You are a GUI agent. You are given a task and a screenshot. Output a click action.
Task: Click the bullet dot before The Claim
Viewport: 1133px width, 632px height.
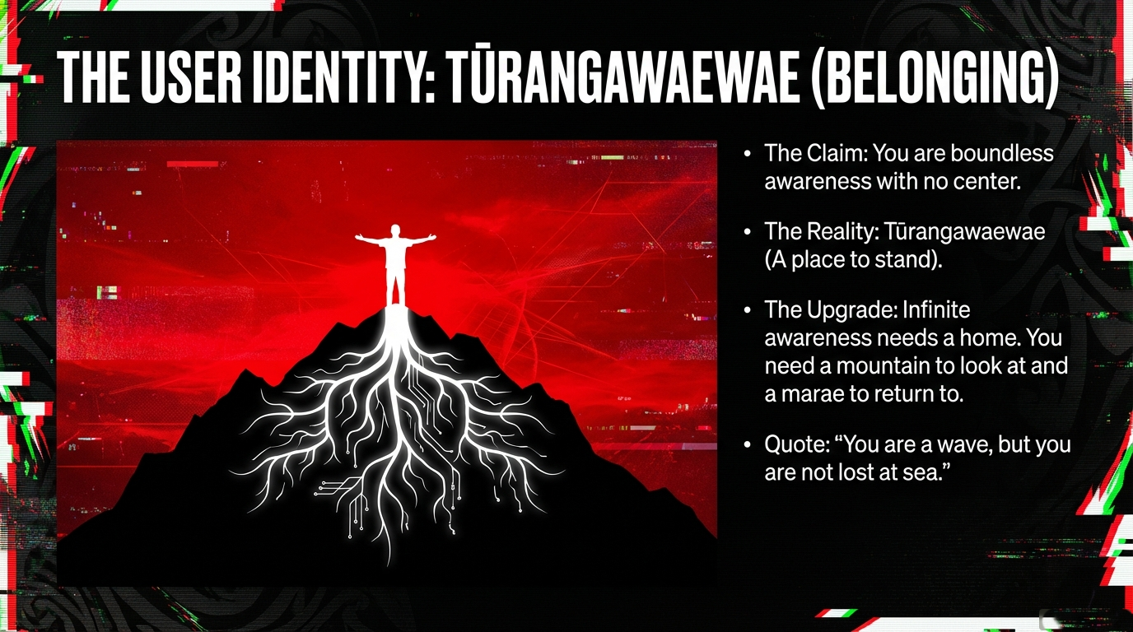pyautogui.click(x=748, y=153)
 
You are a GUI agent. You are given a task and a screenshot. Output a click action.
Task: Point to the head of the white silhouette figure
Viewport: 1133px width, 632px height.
pyautogui.click(x=395, y=231)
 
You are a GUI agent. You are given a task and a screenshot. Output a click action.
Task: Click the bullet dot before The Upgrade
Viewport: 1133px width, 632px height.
pyautogui.click(x=748, y=310)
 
